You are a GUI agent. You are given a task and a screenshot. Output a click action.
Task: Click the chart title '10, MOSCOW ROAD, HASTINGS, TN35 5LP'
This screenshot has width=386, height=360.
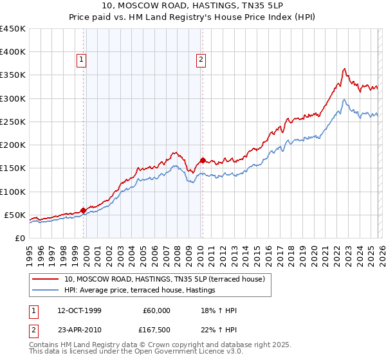click(x=192, y=6)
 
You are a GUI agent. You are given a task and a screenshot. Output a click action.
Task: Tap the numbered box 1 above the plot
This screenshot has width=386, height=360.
click(x=82, y=60)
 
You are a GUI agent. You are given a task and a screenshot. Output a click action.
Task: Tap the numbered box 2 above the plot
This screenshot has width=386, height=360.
click(x=201, y=60)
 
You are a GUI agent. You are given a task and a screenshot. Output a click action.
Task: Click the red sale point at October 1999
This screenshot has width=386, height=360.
click(x=83, y=210)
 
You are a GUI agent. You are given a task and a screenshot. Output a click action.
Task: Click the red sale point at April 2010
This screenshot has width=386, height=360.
click(x=203, y=160)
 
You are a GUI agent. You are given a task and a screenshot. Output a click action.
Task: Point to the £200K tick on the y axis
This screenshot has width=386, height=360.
click(x=12, y=145)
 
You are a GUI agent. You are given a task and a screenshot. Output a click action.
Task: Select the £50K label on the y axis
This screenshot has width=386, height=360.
click(x=15, y=215)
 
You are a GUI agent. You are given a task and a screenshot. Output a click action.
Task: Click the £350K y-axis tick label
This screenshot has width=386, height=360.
click(x=12, y=75)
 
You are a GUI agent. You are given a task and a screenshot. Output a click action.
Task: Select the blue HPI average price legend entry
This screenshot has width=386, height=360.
click(x=139, y=291)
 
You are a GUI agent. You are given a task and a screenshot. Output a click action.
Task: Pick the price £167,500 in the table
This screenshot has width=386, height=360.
click(x=156, y=330)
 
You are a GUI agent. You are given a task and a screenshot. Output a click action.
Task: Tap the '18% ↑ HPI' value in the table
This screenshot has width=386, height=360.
click(x=219, y=310)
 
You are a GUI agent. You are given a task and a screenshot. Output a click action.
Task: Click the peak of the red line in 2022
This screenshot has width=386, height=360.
click(x=345, y=68)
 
